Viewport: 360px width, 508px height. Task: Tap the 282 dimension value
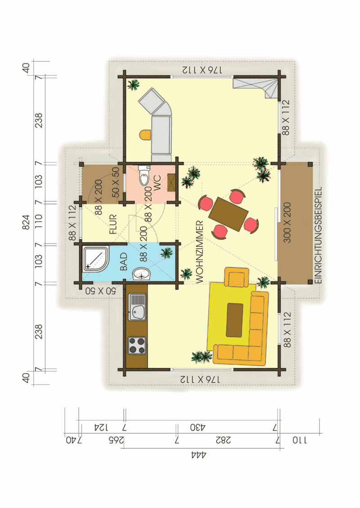pos(226,440)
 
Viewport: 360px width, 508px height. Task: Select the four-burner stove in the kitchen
pos(137,345)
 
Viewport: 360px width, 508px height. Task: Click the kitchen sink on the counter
pos(137,306)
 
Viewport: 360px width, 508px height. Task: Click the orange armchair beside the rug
pos(237,277)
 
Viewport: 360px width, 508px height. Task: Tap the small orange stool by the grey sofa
pos(145,134)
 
